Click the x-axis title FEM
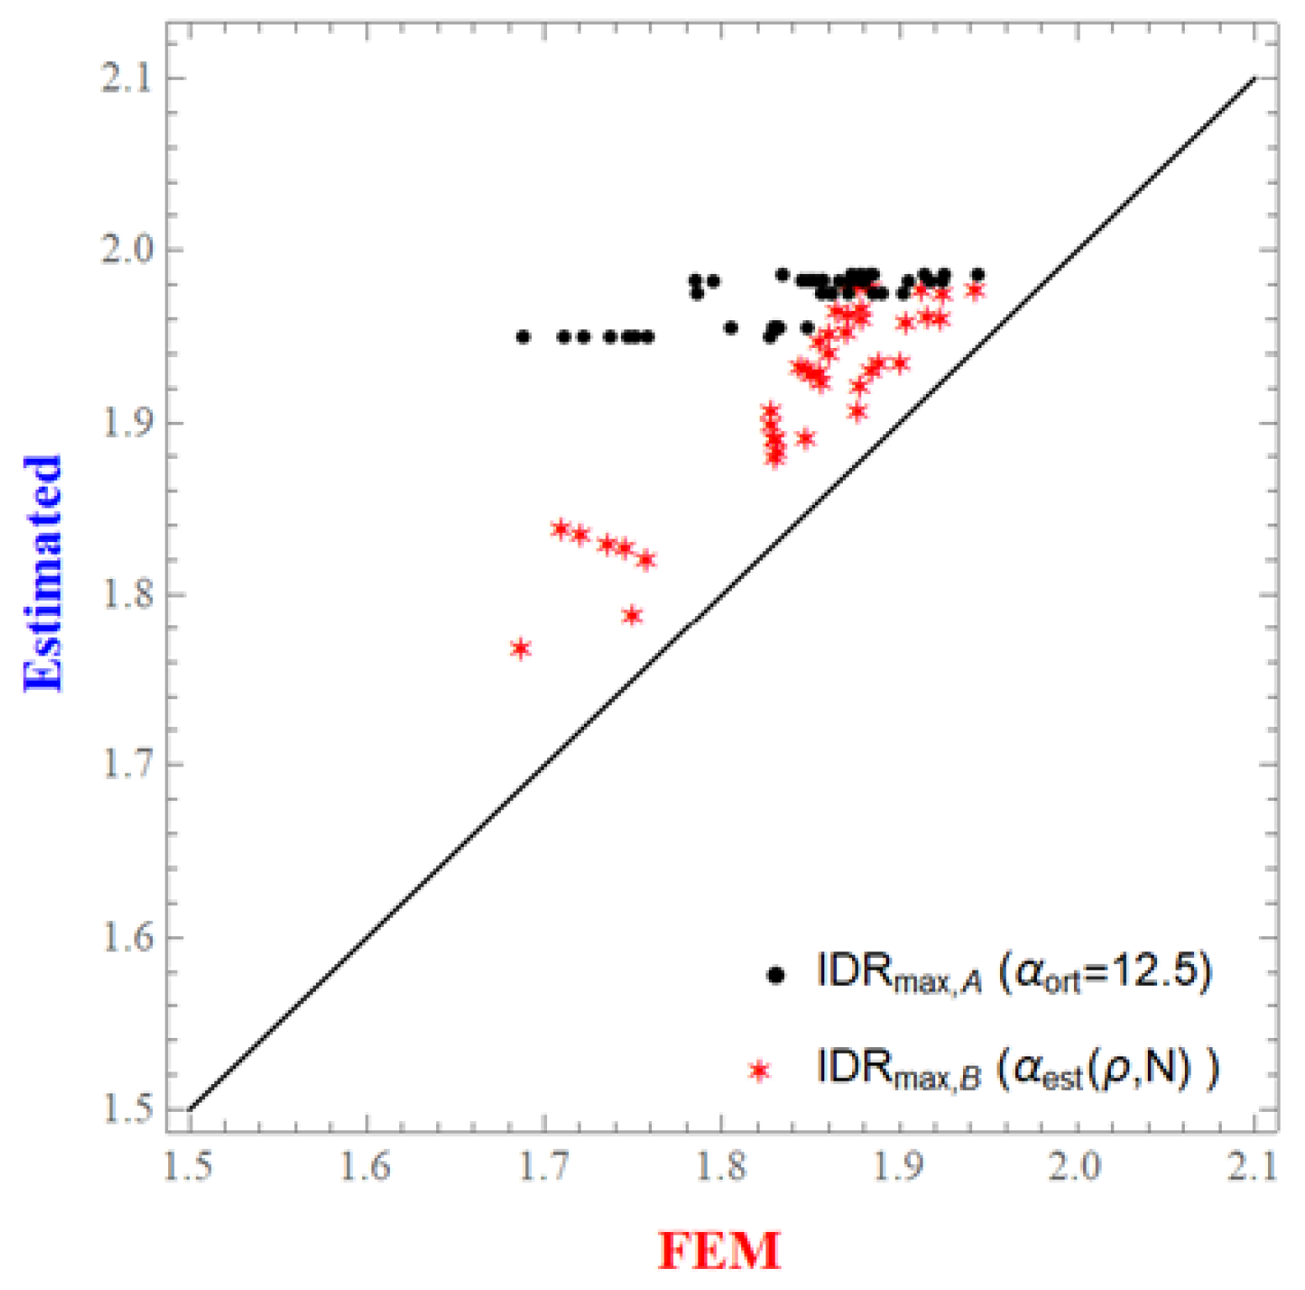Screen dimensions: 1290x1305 pos(719,1250)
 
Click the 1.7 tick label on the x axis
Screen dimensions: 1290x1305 pos(545,1167)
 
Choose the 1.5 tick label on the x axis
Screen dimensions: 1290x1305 pos(189,1167)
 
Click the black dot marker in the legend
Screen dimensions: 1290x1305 pos(776,975)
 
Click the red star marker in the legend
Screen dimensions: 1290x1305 pos(760,1071)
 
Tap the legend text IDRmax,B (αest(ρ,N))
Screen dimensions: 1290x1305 pos(1017,1069)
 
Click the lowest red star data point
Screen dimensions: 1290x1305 pos(521,649)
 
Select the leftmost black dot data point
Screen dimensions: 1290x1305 pos(523,337)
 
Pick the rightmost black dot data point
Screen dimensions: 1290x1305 pos(977,275)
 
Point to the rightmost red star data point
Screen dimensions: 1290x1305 pos(975,291)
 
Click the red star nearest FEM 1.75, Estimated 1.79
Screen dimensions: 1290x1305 pos(633,616)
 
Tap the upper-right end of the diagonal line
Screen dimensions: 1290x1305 pos(1255,78)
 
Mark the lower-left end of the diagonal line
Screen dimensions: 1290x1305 pos(190,1109)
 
